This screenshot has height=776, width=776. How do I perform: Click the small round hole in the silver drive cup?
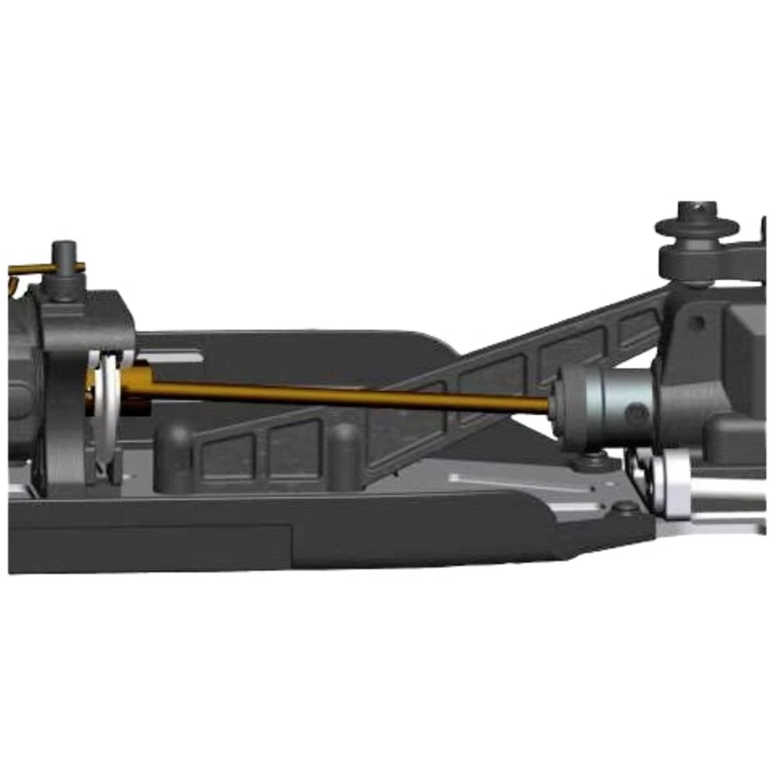point(638,411)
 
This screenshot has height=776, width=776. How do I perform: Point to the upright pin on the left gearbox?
point(63,268)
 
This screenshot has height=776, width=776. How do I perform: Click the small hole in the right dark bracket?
point(698,320)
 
